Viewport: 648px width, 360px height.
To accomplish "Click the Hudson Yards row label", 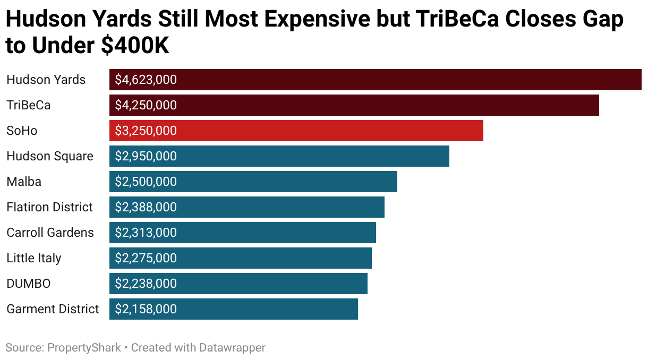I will coord(46,80).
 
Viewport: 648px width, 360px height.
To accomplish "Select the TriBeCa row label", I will coord(29,105).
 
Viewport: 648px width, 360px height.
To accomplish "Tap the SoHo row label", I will coord(22,131).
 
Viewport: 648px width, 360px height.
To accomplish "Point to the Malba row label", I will coord(24,182).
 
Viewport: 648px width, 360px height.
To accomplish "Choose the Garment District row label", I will coord(53,309).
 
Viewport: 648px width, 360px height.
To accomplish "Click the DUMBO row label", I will coord(29,284).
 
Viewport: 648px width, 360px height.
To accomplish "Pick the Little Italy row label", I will coord(34,258).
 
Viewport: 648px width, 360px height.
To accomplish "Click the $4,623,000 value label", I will coord(146,80).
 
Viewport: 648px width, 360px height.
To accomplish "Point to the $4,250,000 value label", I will coord(146,105).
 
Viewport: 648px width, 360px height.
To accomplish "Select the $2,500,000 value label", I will coord(146,182).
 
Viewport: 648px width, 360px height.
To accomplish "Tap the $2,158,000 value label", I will coord(146,309).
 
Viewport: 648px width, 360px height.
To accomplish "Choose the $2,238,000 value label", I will coord(146,284).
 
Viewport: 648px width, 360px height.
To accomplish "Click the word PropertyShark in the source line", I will coord(84,348).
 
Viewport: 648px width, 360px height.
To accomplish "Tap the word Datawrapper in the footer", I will coord(232,348).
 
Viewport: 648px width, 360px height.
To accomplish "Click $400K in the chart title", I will coord(135,46).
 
